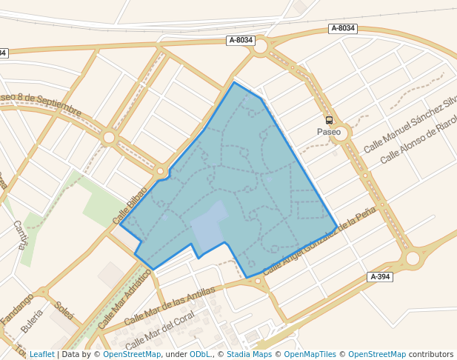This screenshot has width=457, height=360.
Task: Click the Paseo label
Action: [x=329, y=132]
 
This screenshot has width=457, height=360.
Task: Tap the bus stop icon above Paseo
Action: [x=329, y=120]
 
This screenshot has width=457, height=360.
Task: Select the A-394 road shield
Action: [x=379, y=277]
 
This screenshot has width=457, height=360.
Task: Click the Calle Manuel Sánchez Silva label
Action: [x=410, y=124]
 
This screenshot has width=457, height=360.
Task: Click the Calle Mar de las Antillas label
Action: [x=170, y=305]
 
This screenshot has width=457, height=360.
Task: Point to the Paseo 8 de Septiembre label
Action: [x=41, y=104]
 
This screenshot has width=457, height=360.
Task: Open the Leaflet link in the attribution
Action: [x=41, y=354]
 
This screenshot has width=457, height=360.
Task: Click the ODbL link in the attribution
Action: [x=200, y=354]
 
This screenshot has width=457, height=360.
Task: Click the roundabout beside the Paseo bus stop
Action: [x=341, y=133]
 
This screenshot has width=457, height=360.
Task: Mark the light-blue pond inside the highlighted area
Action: [x=209, y=225]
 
